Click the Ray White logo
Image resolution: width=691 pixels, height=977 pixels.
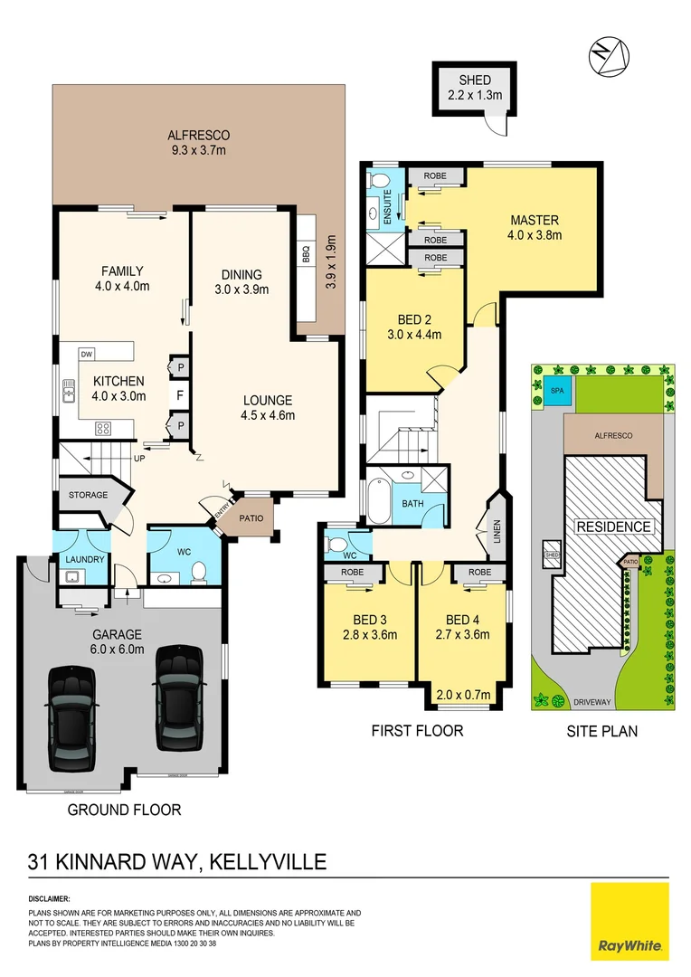click(629, 921)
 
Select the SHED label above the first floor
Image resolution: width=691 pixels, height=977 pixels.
click(475, 81)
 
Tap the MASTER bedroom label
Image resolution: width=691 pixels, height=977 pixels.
click(535, 220)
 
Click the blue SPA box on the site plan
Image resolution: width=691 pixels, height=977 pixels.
click(554, 390)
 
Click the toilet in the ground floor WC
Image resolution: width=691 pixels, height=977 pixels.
click(200, 574)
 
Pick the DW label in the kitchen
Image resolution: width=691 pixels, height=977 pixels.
click(87, 354)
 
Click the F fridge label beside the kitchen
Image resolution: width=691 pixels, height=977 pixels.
click(181, 395)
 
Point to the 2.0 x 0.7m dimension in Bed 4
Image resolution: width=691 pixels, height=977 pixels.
click(464, 695)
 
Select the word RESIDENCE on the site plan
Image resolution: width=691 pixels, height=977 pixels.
click(614, 526)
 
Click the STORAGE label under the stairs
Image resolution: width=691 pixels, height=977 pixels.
click(88, 495)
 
